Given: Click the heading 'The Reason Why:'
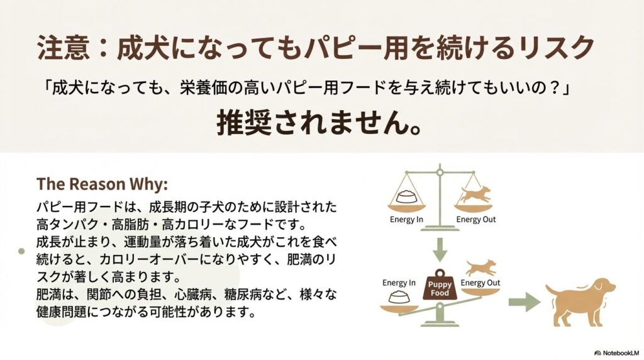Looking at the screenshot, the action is pos(102,184).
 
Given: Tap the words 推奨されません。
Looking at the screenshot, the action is pos(319,123).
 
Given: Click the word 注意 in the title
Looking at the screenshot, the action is pos(64,47).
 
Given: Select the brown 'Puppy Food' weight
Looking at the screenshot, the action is pos(440,285).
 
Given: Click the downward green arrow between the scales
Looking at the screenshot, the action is pos(440,249).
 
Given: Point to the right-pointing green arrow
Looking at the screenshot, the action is pos(525,302).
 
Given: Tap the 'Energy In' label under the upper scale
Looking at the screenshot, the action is pos(406,220).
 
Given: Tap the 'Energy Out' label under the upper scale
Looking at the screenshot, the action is pos(476,220).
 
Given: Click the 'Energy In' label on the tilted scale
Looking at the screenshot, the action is pos(399,283).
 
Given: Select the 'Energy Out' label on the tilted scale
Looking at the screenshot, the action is pos(480,283).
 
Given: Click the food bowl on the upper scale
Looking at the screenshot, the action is pos(407,196).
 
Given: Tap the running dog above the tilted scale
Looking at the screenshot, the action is pos(481,267).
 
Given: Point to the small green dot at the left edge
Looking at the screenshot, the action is pos(21,251).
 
